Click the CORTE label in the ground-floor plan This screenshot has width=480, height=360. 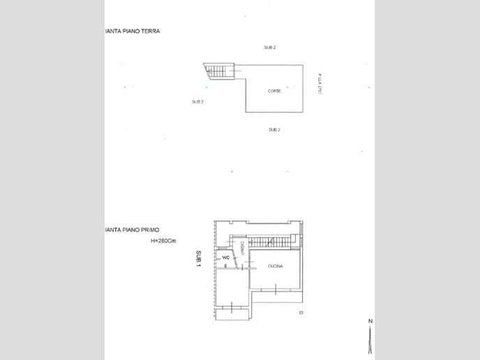click(274, 91)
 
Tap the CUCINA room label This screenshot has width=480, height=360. click(275, 266)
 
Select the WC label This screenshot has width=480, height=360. click(225, 258)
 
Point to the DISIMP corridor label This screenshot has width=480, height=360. click(241, 249)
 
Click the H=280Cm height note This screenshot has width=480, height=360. click(165, 241)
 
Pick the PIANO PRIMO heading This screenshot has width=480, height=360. click(133, 230)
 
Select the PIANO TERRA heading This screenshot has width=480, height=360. click(133, 31)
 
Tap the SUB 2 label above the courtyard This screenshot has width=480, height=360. click(269, 47)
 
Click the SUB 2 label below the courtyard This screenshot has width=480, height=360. click(274, 130)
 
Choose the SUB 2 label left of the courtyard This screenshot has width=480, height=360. click(197, 102)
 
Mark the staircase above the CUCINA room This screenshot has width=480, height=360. click(271, 242)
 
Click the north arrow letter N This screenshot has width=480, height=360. click(370, 321)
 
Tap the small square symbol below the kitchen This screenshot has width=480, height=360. click(301, 313)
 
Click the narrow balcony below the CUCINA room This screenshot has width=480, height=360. click(277, 299)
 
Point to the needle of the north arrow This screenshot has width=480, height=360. click(370, 338)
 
